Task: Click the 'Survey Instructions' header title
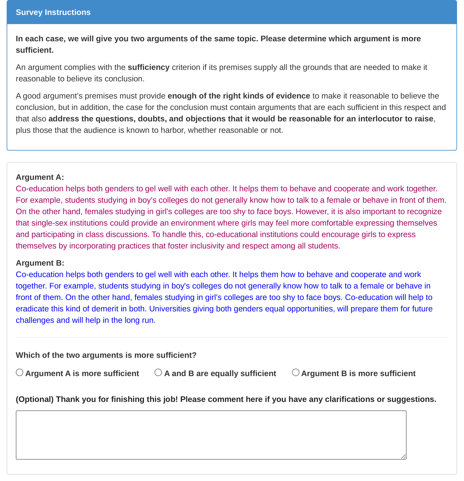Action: tap(53, 12)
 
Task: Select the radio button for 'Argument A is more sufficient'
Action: tap(20, 372)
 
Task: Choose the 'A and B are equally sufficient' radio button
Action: tap(158, 372)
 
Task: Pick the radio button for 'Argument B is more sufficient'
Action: tap(295, 372)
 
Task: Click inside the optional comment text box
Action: tap(211, 435)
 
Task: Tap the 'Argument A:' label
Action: tap(40, 177)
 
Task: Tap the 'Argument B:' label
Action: tap(40, 263)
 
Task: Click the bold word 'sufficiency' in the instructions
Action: tap(149, 67)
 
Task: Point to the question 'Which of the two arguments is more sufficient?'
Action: tap(106, 355)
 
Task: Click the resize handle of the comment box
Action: tap(403, 456)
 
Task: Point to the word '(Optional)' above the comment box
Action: tap(35, 399)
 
